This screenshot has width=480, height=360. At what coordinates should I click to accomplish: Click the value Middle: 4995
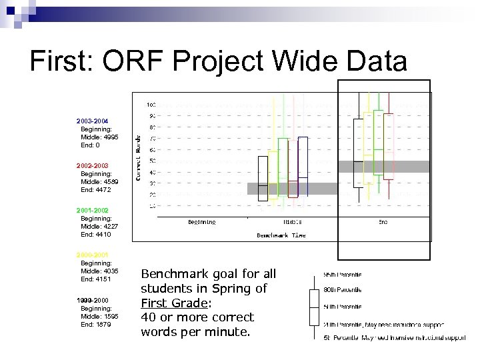[99, 137]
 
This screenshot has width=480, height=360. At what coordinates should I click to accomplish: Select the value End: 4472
[97, 189]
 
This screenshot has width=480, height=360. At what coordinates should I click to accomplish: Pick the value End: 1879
[97, 325]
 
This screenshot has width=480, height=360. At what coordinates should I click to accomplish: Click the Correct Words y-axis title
[138, 156]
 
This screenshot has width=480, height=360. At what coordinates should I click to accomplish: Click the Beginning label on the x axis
[201, 222]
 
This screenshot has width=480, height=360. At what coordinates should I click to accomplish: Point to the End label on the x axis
[383, 222]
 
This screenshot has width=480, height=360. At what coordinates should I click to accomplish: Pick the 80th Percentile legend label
[343, 290]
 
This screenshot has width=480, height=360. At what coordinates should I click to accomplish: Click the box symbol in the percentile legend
[315, 307]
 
